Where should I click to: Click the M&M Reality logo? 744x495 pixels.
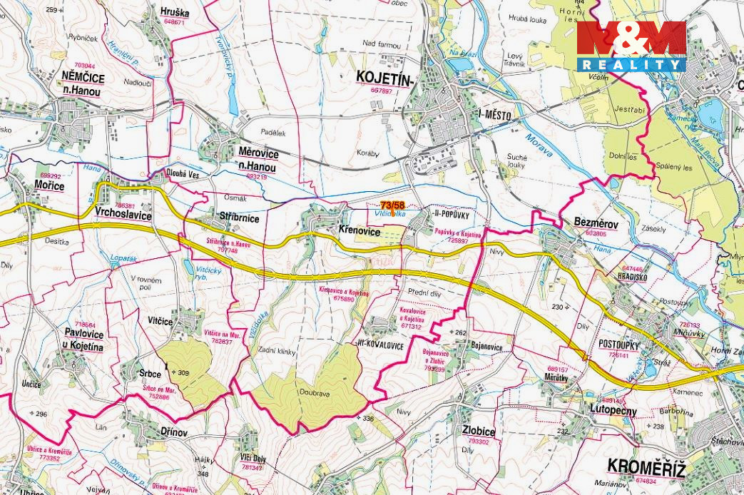(631, 46)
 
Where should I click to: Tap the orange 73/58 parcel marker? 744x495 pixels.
(392, 205)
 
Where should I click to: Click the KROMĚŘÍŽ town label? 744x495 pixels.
(646, 467)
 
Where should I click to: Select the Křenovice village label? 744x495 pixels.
(359, 232)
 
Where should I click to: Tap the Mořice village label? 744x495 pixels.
(49, 186)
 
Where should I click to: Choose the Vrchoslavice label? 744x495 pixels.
(123, 213)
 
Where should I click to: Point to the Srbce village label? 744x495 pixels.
(151, 373)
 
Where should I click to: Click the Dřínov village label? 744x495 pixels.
(174, 432)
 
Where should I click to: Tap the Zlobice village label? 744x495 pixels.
(478, 432)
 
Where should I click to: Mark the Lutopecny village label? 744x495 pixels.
(613, 410)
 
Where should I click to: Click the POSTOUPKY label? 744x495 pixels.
(618, 345)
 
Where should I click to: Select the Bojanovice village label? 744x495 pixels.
(486, 347)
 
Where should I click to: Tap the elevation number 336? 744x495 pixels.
(368, 419)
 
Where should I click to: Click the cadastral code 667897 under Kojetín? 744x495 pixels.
(382, 91)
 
